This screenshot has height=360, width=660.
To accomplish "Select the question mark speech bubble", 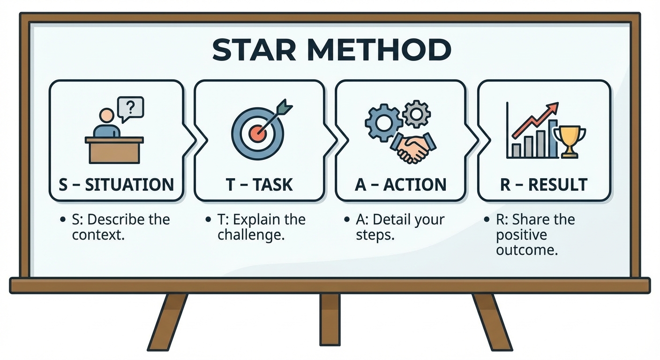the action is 131,108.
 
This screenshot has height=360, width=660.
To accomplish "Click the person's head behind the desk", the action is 107,115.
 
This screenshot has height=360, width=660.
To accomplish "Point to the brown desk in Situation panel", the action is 114,150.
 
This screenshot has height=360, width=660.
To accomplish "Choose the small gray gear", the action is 416,113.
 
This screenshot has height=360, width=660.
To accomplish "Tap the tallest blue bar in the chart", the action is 553,138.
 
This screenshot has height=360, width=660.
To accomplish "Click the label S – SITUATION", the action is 116,185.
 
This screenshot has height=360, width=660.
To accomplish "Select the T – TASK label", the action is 259,185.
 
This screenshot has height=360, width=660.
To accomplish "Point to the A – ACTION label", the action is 401,185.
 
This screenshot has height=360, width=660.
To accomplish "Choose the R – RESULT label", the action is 544,185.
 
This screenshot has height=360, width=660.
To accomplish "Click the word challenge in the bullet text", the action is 251,234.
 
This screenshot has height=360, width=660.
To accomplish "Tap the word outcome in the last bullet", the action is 527,249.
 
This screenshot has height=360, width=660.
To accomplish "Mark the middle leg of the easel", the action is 330,319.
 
